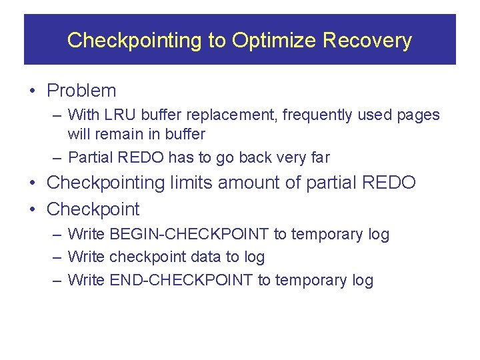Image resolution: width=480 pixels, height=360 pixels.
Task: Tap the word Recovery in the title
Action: (x=367, y=41)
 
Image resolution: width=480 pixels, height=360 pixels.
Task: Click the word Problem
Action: (x=81, y=91)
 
